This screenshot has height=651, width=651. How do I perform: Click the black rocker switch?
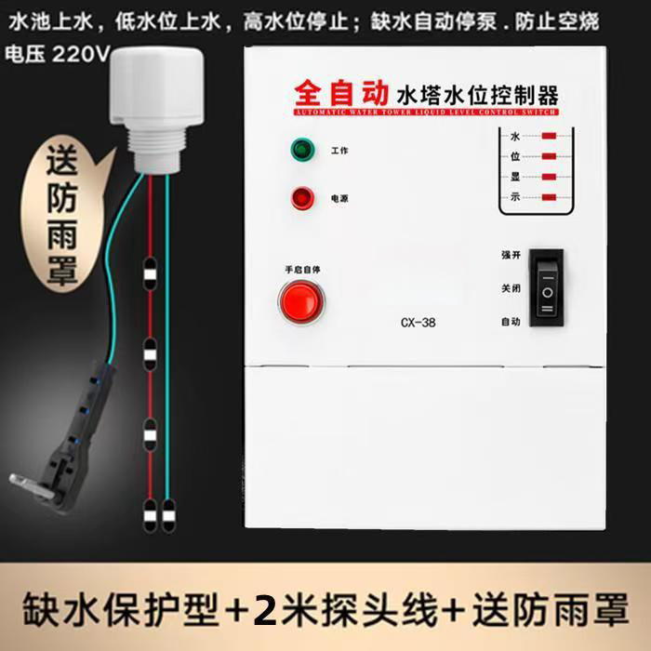(547, 286)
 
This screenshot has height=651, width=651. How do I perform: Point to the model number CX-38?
(418, 324)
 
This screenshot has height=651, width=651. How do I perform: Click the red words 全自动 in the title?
(341, 93)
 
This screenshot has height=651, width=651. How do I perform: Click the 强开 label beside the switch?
(511, 255)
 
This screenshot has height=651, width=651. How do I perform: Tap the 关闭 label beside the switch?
(511, 288)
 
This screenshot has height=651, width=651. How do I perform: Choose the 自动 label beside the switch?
(511, 322)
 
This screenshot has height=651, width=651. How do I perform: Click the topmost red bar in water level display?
(549, 137)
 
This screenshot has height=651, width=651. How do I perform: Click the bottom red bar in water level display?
(549, 196)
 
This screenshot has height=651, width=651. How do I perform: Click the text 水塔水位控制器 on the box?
(477, 94)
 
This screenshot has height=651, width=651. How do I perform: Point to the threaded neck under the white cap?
(156, 149)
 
